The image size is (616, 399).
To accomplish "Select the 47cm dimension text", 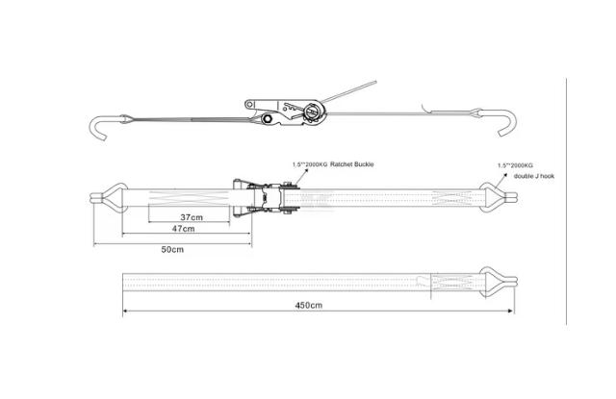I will click(x=183, y=230).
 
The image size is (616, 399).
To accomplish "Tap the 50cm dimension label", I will click(x=172, y=249).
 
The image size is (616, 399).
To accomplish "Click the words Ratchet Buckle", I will click(x=351, y=165).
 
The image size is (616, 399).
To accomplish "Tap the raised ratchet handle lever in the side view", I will click(x=350, y=92).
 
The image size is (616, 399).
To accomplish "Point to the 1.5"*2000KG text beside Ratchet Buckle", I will click(x=309, y=165).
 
